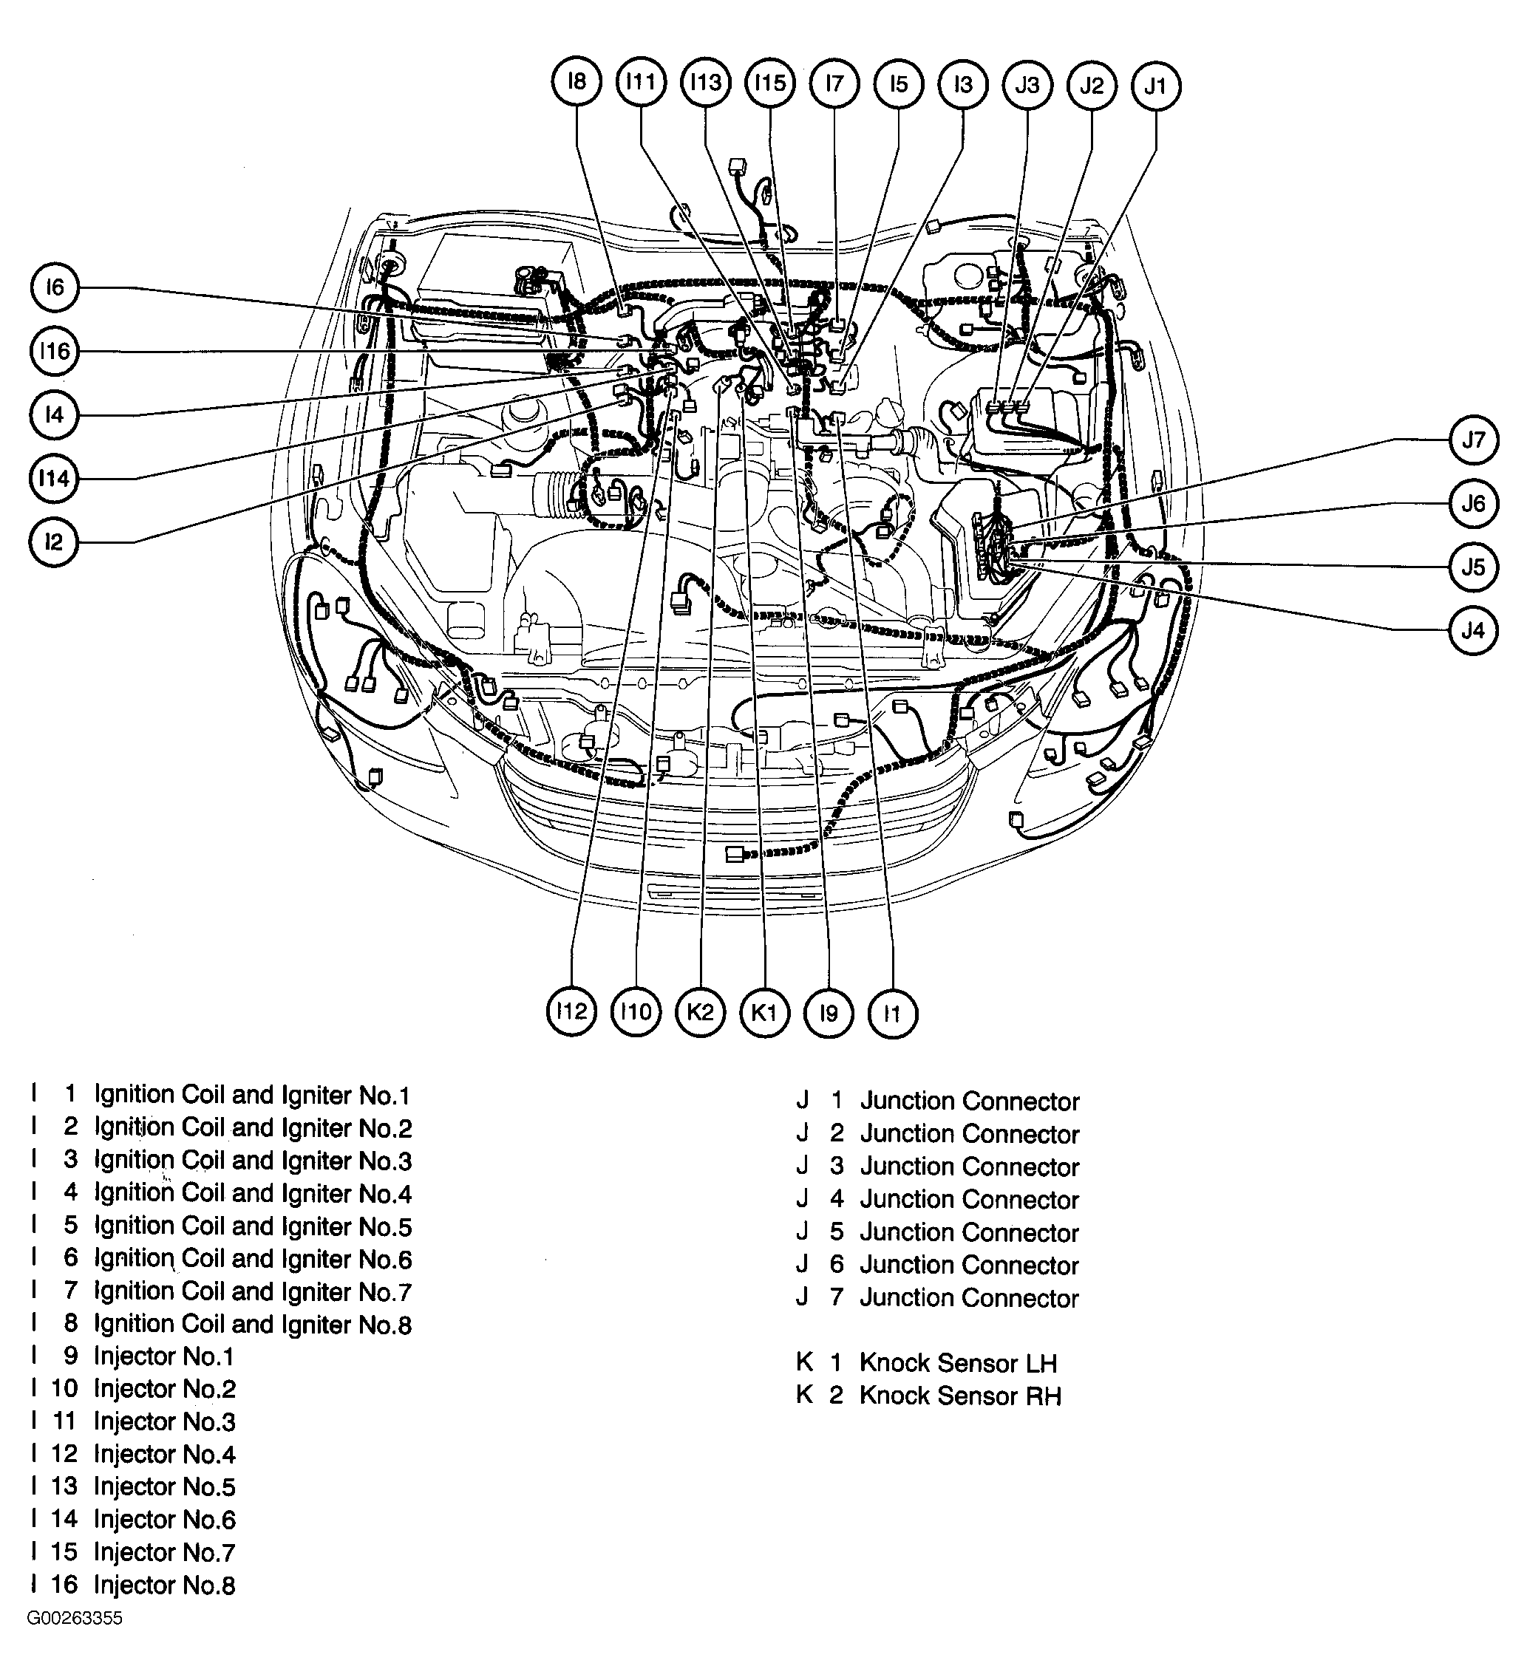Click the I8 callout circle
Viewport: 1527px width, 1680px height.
pos(577,82)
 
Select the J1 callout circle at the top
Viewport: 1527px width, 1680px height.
pos(1156,86)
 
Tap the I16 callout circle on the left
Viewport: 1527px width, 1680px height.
pos(54,351)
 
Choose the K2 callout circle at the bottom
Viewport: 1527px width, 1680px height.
pos(700,1012)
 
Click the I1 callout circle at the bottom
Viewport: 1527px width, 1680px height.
pos(893,1014)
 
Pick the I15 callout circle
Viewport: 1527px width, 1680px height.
pos(770,83)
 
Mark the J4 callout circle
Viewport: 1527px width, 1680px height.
pos(1473,631)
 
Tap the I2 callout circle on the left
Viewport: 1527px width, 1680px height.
pos(54,542)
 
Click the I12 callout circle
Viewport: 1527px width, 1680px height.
pos(572,1011)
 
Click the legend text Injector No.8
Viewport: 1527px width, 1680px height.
pos(164,1585)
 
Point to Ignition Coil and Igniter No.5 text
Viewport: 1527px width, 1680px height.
pos(253,1226)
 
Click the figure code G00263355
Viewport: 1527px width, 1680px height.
pos(75,1619)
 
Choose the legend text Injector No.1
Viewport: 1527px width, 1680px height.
pos(163,1356)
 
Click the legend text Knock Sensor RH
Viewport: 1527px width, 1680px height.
pos(959,1396)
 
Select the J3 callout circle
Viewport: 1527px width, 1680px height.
pos(1027,85)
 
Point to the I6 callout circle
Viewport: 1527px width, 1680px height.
pos(54,287)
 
